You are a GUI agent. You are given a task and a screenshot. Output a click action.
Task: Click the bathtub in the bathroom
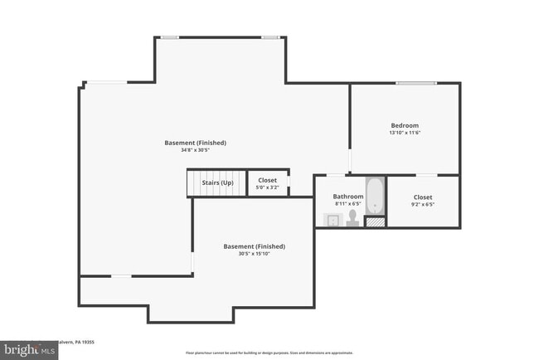tap(376, 197)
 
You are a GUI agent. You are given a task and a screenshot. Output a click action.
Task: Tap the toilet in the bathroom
tap(352, 217)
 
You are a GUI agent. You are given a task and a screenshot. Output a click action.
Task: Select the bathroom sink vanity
tap(332, 220)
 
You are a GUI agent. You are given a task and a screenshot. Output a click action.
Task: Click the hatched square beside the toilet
tap(376, 221)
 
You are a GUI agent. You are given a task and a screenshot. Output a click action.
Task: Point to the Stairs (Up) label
tap(217, 182)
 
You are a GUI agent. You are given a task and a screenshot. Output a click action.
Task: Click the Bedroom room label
tap(405, 125)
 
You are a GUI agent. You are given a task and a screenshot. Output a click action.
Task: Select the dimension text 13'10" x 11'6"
tap(405, 133)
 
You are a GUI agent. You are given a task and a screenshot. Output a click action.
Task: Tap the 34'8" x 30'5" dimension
tap(195, 150)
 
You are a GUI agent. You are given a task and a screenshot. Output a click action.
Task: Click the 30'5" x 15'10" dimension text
tap(254, 254)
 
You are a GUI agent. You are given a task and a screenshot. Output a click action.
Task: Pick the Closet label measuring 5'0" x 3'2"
tap(267, 180)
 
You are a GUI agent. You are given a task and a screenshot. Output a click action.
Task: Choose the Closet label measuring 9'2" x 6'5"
tap(423, 197)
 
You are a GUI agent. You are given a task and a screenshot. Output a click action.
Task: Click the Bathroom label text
tap(348, 197)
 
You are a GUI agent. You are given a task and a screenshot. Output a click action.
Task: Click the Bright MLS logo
tap(29, 350)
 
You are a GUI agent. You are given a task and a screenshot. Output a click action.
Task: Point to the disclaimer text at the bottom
tap(269, 353)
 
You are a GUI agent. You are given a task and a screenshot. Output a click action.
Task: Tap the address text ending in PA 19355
tap(79, 341)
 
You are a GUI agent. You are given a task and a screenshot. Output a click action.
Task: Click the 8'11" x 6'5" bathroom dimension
tap(348, 204)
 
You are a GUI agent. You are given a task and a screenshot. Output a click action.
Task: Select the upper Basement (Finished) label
tap(195, 143)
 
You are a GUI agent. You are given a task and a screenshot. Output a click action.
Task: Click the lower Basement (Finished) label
tap(254, 246)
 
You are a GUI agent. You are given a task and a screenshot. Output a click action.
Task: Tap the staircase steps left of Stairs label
tap(194, 182)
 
